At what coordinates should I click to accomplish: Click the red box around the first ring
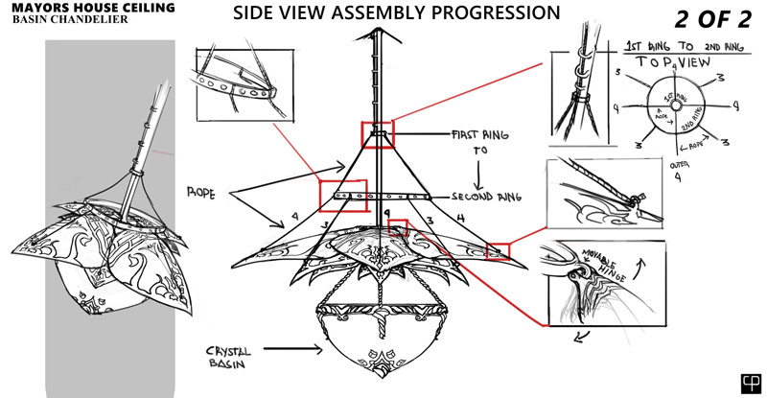(377, 134)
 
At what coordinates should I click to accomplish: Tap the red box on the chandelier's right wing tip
(498, 250)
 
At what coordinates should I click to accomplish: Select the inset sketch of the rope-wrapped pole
(580, 91)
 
